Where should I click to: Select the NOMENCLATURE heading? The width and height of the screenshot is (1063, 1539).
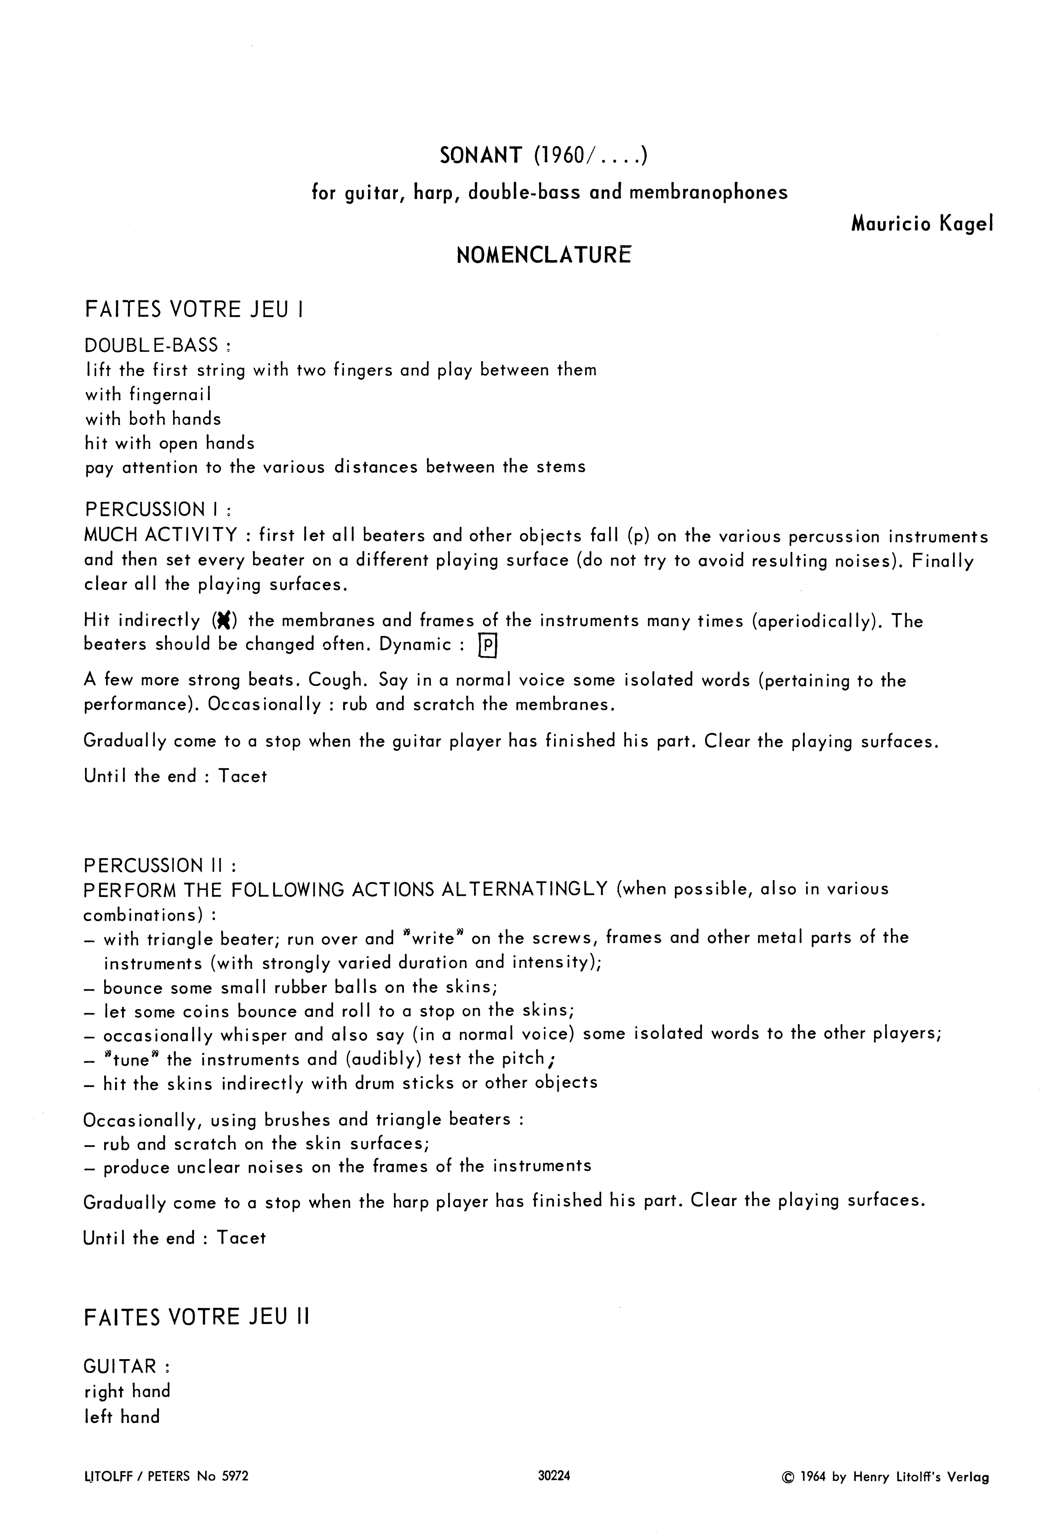543,255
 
